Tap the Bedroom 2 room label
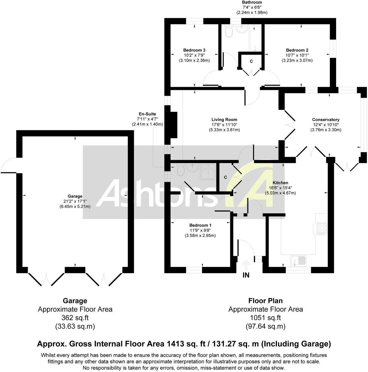[297, 50]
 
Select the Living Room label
[224, 120]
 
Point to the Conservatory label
[325, 120]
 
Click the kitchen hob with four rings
[322, 229]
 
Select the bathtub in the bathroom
[255, 38]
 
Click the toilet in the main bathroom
[229, 31]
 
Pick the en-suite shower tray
[208, 171]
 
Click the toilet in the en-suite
[181, 169]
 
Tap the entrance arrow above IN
[246, 265]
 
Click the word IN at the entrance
[246, 275]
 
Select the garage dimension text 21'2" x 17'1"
[75, 201]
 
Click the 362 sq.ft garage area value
[75, 318]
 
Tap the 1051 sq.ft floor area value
[265, 318]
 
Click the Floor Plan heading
[265, 301]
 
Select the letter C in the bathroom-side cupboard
[251, 61]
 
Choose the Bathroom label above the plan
[252, 2]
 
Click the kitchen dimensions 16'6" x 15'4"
[280, 188]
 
